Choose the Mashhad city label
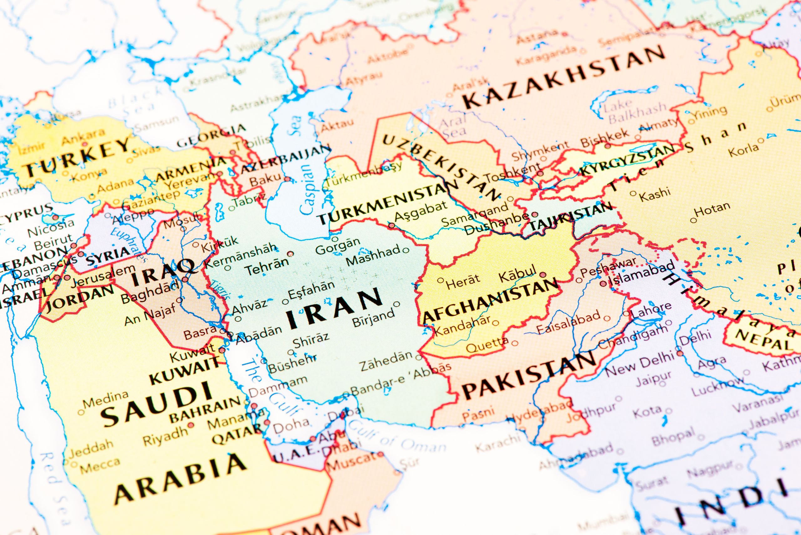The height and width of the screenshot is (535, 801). tap(373, 255)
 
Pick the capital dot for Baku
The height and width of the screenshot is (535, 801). tap(287, 179)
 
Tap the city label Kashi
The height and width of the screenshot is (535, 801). tap(655, 195)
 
